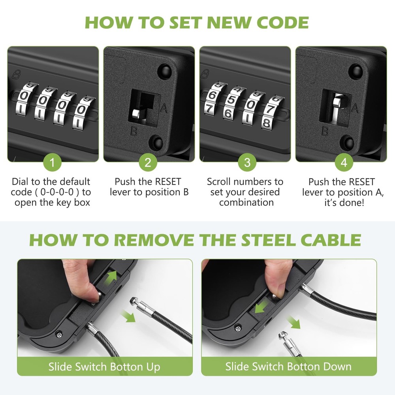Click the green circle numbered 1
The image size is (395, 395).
point(53,162)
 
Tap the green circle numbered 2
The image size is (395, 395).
point(148,162)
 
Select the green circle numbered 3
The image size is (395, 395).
point(247,162)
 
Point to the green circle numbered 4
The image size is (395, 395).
point(344,162)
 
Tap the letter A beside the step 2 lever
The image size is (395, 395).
point(164,108)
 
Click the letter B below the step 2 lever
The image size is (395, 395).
point(134,131)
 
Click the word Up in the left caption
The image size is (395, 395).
point(153,367)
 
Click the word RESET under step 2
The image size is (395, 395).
point(168,182)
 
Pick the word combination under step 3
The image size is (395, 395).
point(246,202)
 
